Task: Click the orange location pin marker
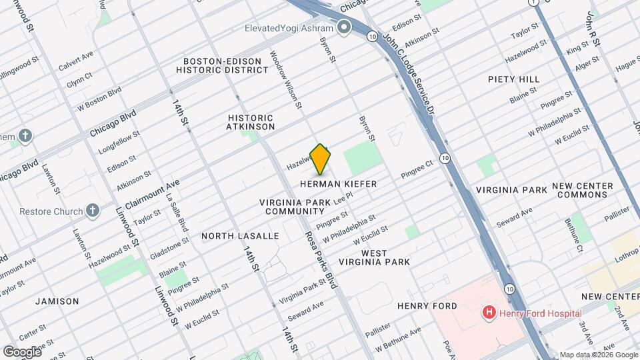[x=321, y=159]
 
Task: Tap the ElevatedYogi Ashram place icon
[x=344, y=27]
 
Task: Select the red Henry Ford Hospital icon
[x=489, y=312]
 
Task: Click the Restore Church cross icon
[x=93, y=211]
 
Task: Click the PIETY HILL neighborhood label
[x=513, y=79]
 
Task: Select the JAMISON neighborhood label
[x=58, y=301]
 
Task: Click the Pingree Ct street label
[x=417, y=173]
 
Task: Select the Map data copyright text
[x=598, y=355]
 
